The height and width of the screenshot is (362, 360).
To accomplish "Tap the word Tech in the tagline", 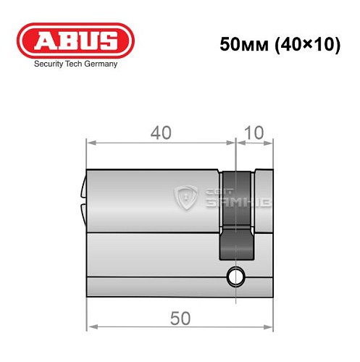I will pos(73,64).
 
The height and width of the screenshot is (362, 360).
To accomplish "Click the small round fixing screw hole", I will pos(235,275).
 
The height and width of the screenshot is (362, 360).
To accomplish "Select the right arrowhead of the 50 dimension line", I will pos(271,328).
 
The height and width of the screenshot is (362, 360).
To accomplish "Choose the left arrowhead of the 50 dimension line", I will pos(90,328).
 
